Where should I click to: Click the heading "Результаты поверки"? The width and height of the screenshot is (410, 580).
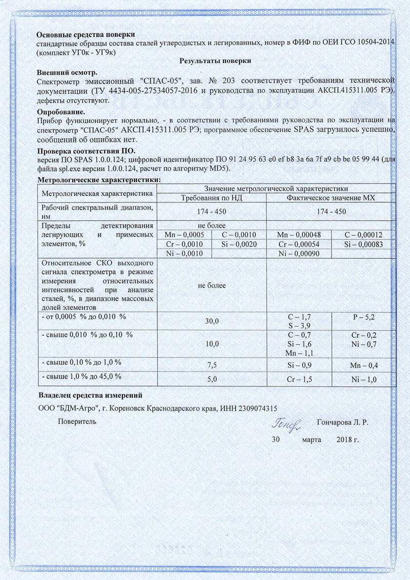click(x=215, y=61)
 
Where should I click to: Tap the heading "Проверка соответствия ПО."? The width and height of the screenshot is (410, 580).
click(x=87, y=151)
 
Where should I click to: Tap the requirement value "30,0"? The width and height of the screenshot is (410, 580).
click(x=212, y=321)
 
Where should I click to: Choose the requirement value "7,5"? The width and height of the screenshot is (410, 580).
click(x=212, y=364)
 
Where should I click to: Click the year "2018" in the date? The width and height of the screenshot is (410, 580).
click(x=345, y=440)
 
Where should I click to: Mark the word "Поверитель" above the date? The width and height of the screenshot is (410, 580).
click(x=77, y=422)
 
